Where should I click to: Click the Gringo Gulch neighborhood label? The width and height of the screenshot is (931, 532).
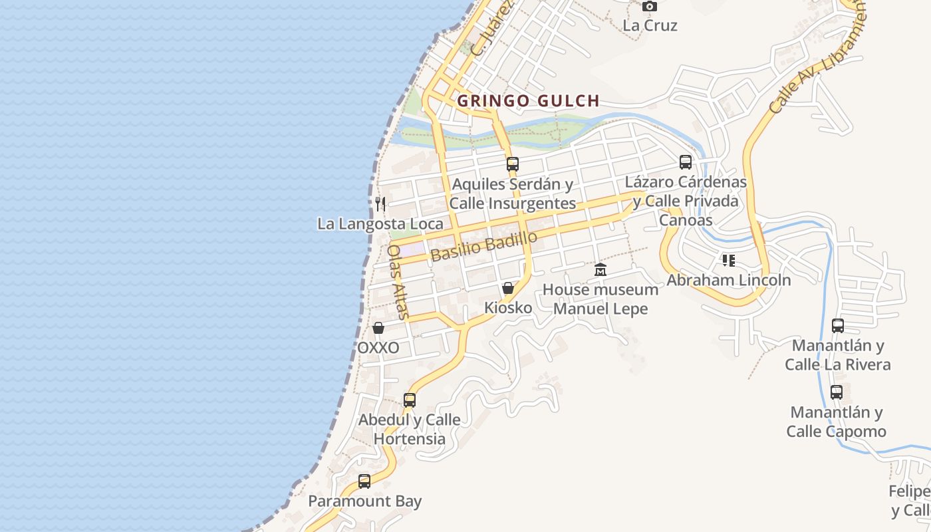click(x=529, y=101)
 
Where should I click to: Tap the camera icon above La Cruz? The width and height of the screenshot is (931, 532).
click(x=650, y=7)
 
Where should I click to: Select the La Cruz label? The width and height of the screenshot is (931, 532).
click(x=650, y=26)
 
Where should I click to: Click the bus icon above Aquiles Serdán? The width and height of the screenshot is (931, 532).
click(x=512, y=164)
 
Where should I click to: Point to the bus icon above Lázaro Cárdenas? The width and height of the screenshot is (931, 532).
click(x=686, y=162)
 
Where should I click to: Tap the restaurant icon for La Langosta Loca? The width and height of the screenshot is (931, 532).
click(x=380, y=203)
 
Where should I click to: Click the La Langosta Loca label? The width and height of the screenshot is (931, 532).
click(x=380, y=224)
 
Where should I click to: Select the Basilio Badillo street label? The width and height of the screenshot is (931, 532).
click(x=483, y=247)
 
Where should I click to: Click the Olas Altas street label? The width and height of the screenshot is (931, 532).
click(x=396, y=281)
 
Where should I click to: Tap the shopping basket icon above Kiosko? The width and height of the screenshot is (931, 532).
click(x=508, y=288)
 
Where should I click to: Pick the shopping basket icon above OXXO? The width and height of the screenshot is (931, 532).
click(x=378, y=328)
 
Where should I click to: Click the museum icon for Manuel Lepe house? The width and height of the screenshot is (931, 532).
click(x=600, y=269)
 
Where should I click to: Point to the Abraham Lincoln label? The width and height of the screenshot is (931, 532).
click(x=729, y=280)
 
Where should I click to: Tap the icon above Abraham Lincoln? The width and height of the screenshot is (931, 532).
click(x=729, y=260)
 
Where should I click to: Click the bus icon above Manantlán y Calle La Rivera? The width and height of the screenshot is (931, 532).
click(x=838, y=326)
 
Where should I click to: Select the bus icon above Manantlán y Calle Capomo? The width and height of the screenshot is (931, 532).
click(x=837, y=392)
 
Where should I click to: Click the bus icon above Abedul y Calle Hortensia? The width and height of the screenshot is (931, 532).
click(x=410, y=400)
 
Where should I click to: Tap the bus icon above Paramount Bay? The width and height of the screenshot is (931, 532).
click(x=364, y=481)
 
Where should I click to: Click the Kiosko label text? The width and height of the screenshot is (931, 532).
click(x=508, y=308)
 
